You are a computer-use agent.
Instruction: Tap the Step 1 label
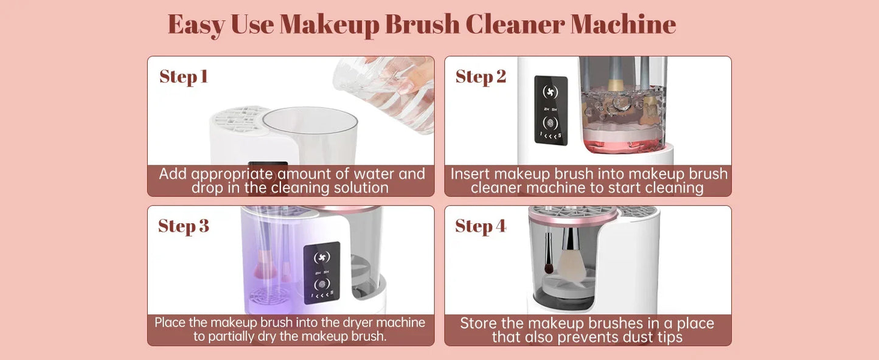pos(184,77)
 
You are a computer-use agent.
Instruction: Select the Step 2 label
pos(481,77)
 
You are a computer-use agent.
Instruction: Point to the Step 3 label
pos(184,226)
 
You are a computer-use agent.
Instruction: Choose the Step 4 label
pos(481,226)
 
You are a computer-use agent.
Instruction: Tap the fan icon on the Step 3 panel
pos(322,258)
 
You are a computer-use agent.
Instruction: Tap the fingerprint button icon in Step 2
pos(551,122)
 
